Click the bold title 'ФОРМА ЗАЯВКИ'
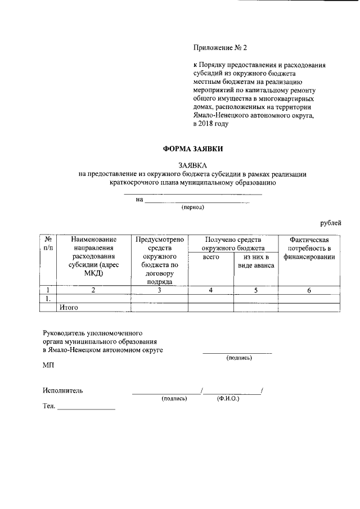pyautogui.click(x=192, y=149)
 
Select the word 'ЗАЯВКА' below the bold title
pyautogui.click(x=192, y=165)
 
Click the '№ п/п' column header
pyautogui.click(x=48, y=244)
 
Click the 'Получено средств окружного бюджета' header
pyautogui.click(x=233, y=243)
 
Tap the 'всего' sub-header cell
pyautogui.click(x=210, y=256)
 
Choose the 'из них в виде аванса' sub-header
pyautogui.click(x=255, y=261)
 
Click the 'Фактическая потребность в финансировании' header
pyautogui.click(x=309, y=248)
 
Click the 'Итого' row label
pyautogui.click(x=68, y=307)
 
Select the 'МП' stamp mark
pyautogui.click(x=48, y=366)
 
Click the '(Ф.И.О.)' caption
pyautogui.click(x=228, y=398)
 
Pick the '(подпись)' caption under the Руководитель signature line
pyautogui.click(x=239, y=358)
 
